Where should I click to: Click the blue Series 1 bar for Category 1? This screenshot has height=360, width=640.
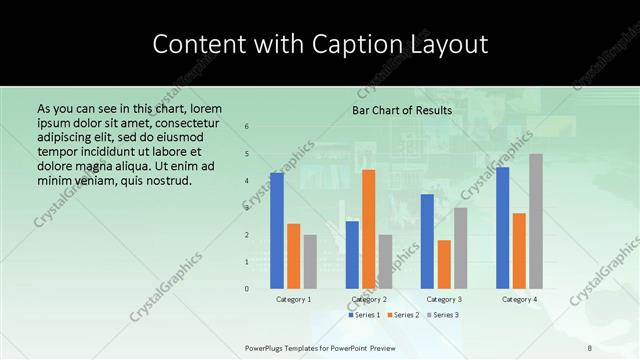(276, 230)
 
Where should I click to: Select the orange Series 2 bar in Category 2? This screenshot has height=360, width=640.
(369, 229)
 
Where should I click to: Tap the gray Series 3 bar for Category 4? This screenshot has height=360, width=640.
(536, 221)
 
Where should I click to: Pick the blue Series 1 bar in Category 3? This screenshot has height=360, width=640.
(427, 241)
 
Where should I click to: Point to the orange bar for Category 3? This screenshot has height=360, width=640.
(444, 264)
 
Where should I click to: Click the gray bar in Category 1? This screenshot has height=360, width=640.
(310, 261)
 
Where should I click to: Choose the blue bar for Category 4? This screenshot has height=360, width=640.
(502, 228)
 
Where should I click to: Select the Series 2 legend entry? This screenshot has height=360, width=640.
(404, 315)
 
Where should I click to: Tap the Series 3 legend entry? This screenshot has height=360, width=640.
(443, 315)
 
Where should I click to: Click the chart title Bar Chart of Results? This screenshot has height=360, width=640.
(402, 110)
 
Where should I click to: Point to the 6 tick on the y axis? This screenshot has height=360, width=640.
(247, 127)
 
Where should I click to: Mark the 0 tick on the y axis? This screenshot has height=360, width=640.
(247, 289)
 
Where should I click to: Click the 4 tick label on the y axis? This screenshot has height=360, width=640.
(247, 181)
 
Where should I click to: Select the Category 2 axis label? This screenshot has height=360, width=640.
(369, 299)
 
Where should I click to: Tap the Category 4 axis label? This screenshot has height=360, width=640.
(519, 299)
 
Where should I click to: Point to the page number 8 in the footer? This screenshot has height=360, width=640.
(590, 347)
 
